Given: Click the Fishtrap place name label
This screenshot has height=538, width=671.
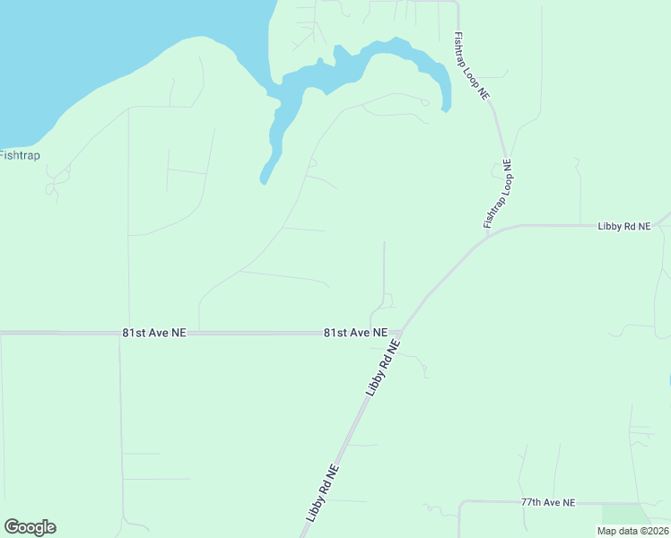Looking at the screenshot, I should coord(20,155).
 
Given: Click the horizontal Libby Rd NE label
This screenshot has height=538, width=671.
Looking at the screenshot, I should coord(623,227).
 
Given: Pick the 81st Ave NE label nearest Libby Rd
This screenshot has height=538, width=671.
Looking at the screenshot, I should coord(355,333).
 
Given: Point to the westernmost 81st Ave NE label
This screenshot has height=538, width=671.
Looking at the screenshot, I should coord(154,333).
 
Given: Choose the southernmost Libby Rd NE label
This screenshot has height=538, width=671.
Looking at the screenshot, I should coord(322,493).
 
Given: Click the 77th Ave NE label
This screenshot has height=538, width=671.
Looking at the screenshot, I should coord(547,503).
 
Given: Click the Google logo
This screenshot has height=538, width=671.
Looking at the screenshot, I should coord(30,527).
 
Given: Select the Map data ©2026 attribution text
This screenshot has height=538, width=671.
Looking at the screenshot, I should coord(632,531).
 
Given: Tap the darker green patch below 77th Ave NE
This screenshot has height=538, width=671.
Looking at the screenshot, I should coord(626,515).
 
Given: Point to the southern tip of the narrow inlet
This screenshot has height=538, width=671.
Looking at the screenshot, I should coord(263,181).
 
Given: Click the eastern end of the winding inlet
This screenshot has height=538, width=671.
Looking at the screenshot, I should coord(446,108).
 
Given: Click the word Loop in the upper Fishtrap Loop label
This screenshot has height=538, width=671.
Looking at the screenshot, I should coord(470,65).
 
